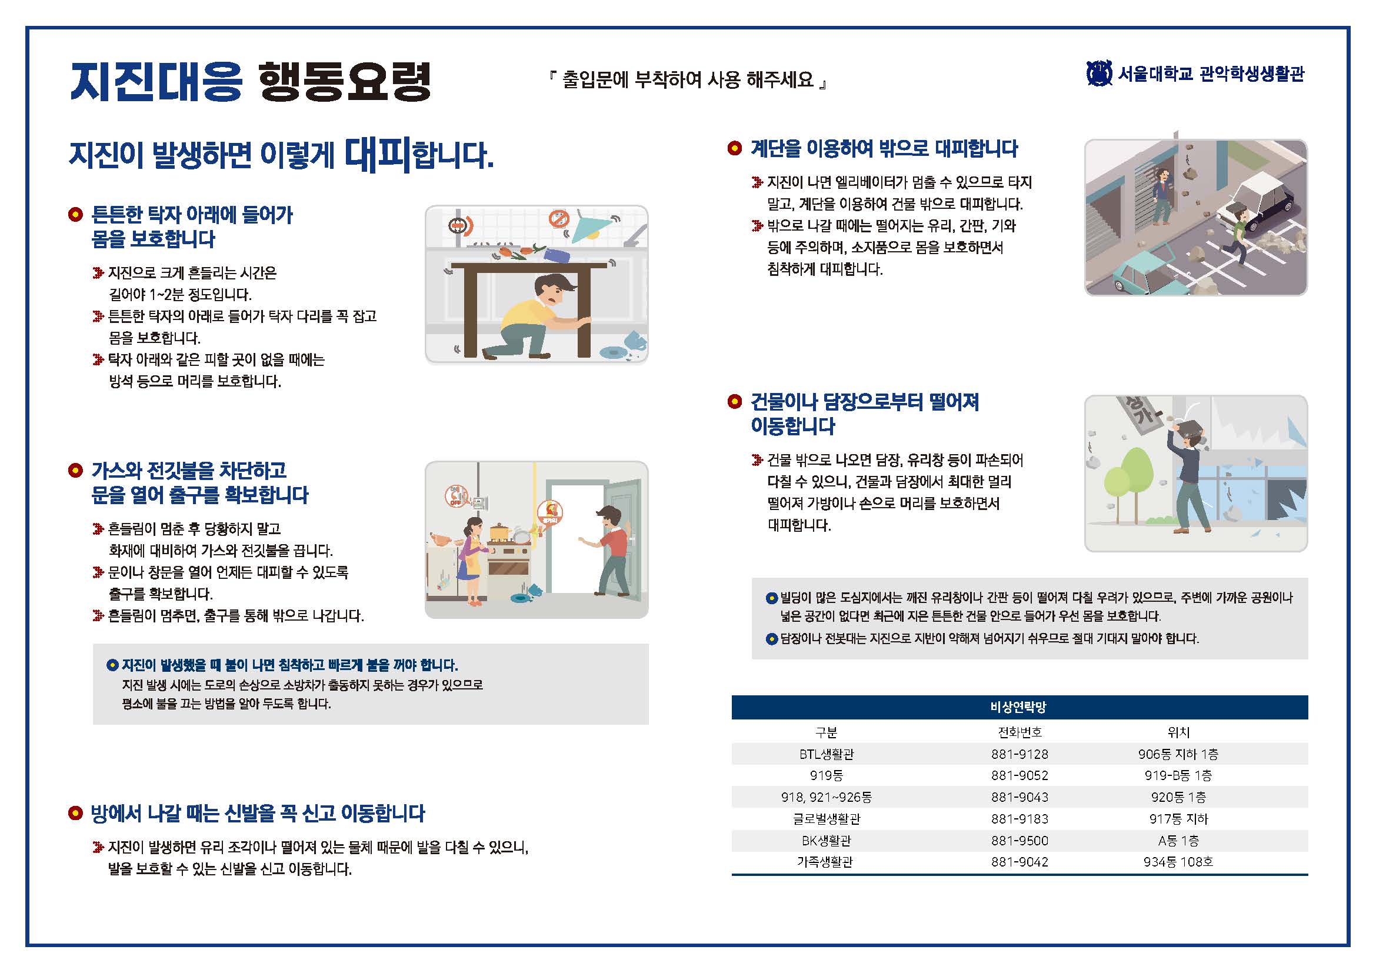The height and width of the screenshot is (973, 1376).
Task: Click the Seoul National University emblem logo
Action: click(1099, 74)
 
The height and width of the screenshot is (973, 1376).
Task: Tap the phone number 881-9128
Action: click(1019, 754)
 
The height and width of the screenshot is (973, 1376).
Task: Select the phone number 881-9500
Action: click(1019, 841)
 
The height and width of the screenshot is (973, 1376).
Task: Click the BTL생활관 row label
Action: click(827, 754)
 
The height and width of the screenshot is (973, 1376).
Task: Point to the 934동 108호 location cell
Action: click(1178, 862)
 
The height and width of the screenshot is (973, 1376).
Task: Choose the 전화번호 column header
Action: click(1019, 732)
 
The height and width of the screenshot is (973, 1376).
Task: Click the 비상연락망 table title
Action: click(1019, 708)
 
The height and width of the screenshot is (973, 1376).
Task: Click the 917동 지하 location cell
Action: click(1178, 819)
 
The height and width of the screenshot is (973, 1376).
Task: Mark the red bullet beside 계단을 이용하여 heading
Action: click(735, 148)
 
